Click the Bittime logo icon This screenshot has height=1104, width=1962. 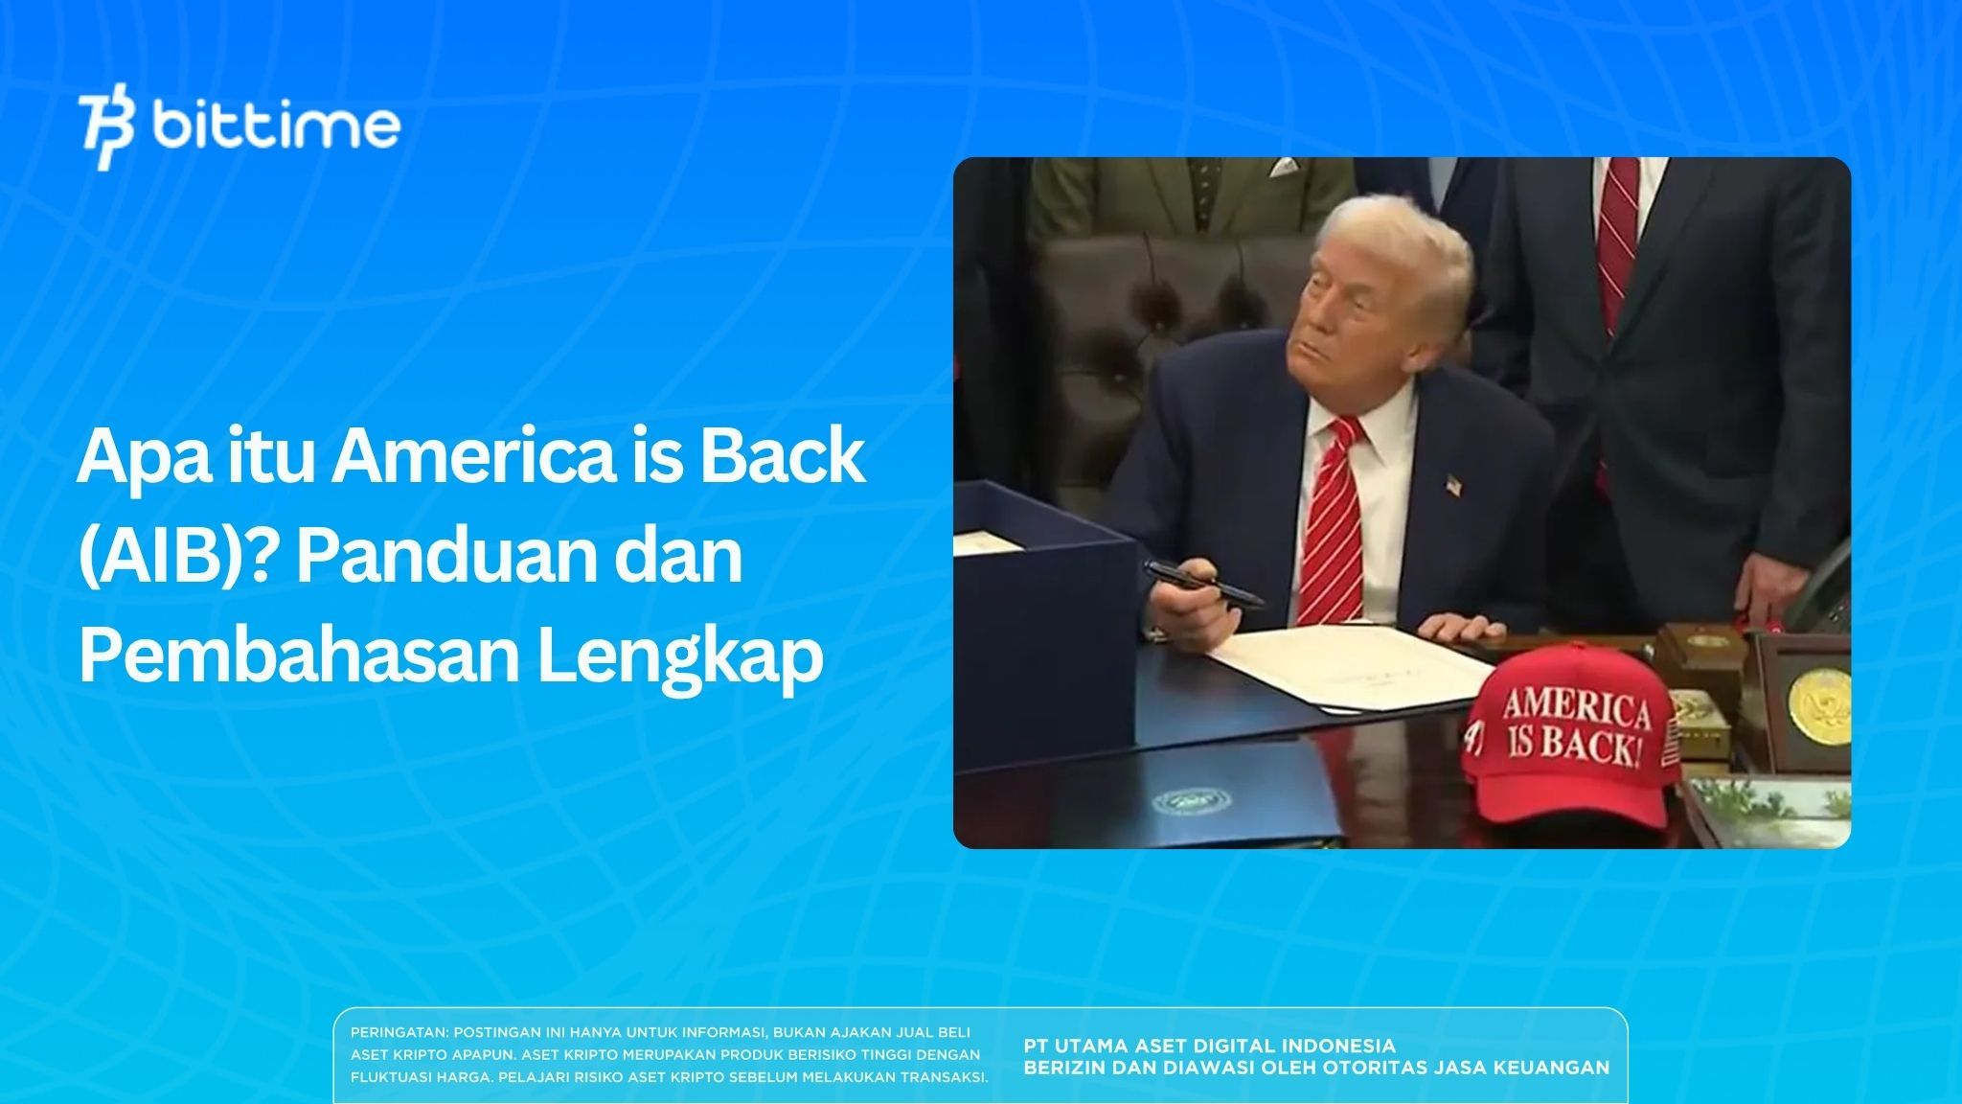[106, 131]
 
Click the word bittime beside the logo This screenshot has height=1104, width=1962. [276, 126]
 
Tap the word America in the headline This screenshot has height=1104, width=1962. [472, 457]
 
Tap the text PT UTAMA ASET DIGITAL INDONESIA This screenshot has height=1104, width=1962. [1209, 1046]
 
